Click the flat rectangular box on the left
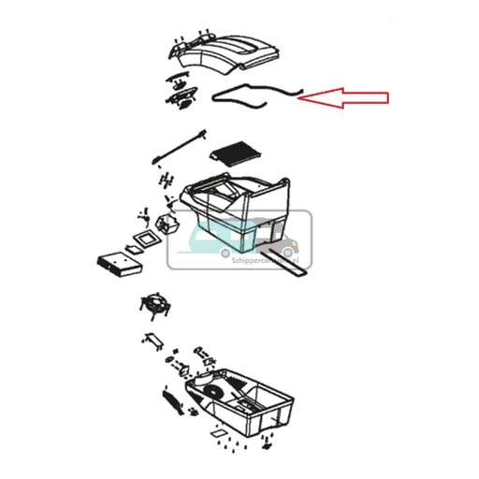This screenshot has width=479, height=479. coord(119,261)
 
